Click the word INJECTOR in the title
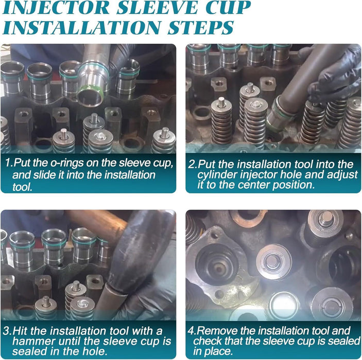[56, 8]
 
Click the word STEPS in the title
[200, 27]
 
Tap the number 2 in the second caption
[192, 165]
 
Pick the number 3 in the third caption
[7, 331]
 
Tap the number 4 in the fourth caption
[191, 331]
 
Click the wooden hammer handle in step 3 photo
[97, 226]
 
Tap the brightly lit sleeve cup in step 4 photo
[284, 305]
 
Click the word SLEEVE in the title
[157, 8]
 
